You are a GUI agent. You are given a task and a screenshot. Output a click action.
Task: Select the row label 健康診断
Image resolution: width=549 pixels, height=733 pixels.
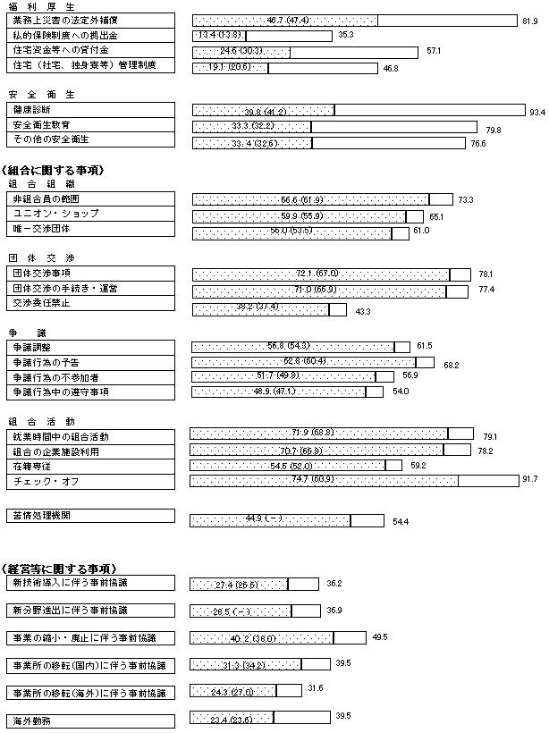pos(35,108)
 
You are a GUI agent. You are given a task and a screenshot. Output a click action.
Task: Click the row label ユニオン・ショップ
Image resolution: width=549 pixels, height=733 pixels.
pos(55,214)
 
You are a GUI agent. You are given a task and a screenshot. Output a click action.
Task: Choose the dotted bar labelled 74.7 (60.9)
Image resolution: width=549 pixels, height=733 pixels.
pos(325,481)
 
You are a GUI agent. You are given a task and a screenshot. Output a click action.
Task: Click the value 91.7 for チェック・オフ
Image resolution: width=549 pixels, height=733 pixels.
pos(529,480)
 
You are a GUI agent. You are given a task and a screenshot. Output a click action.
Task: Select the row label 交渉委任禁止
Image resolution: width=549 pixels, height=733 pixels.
pos(41,304)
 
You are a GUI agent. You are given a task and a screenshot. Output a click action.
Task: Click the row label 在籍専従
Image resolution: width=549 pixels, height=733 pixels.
pos(35,466)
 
